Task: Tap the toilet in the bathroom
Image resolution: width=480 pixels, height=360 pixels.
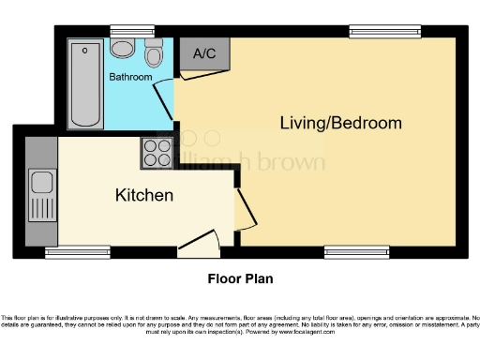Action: pyautogui.click(x=122, y=47)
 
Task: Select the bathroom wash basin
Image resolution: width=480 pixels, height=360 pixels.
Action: pyautogui.click(x=154, y=53)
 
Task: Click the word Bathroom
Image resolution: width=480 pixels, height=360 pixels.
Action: pyautogui.click(x=130, y=77)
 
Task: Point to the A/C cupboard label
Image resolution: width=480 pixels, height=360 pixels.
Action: pyautogui.click(x=203, y=54)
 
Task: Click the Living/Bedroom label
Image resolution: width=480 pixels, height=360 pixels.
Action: pyautogui.click(x=340, y=123)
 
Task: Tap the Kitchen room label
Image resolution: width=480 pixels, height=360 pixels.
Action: pyautogui.click(x=143, y=196)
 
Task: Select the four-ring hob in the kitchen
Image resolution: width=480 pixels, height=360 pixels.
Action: pyautogui.click(x=156, y=152)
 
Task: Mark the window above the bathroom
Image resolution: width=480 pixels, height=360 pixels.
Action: pyautogui.click(x=122, y=30)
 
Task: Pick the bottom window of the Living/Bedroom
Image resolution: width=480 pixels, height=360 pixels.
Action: pyautogui.click(x=345, y=251)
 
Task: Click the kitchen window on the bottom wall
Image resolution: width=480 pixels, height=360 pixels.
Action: pyautogui.click(x=71, y=251)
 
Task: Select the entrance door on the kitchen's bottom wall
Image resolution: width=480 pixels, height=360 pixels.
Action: pyautogui.click(x=199, y=245)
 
